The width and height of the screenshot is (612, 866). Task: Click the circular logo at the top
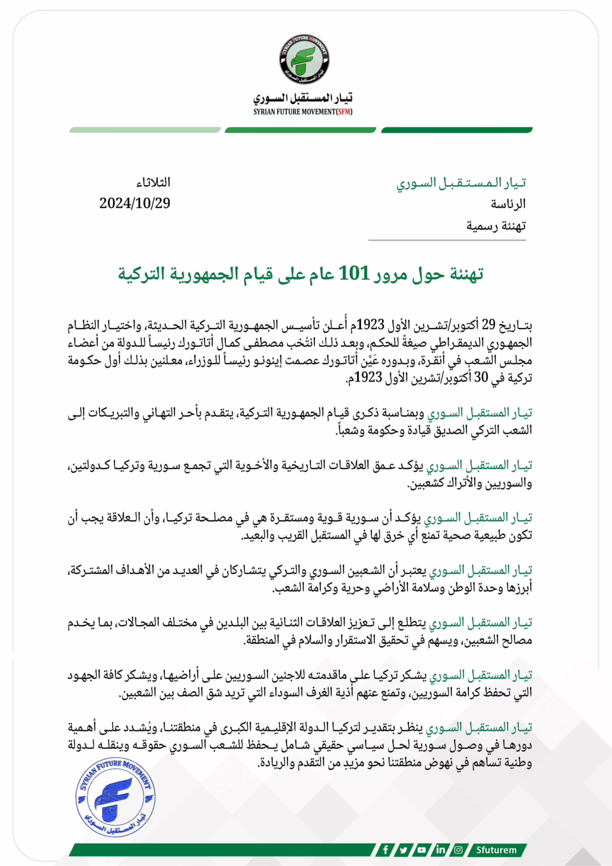pyautogui.click(x=304, y=59)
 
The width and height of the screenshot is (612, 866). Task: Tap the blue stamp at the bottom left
pyautogui.click(x=116, y=796)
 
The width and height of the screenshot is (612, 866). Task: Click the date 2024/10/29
pyautogui.click(x=135, y=204)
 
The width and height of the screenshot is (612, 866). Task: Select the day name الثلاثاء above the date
pyautogui.click(x=153, y=183)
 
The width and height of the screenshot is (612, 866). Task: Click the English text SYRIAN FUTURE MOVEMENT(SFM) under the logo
pyautogui.click(x=303, y=112)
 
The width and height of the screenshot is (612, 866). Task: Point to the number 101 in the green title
pyautogui.click(x=354, y=273)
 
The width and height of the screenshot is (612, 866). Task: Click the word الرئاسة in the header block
pyautogui.click(x=508, y=204)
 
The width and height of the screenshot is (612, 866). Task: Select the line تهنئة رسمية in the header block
pyautogui.click(x=496, y=226)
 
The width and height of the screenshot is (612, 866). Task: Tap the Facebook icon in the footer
pyautogui.click(x=385, y=850)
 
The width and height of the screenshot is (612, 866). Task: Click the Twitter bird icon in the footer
pyautogui.click(x=403, y=850)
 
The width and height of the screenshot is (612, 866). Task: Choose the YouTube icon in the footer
pyautogui.click(x=422, y=850)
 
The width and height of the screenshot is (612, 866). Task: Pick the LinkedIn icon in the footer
pyautogui.click(x=440, y=850)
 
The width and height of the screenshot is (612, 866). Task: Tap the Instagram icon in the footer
pyautogui.click(x=458, y=850)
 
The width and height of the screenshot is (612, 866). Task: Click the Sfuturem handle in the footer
pyautogui.click(x=496, y=850)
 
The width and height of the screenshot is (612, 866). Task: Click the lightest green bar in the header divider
pyautogui.click(x=145, y=130)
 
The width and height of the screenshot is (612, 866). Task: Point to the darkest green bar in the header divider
pyautogui.click(x=456, y=130)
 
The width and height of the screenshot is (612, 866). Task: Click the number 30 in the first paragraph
pyautogui.click(x=481, y=377)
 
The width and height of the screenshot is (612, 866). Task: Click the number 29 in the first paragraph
pyautogui.click(x=488, y=325)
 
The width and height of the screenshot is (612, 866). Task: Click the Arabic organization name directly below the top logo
pyautogui.click(x=303, y=98)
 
